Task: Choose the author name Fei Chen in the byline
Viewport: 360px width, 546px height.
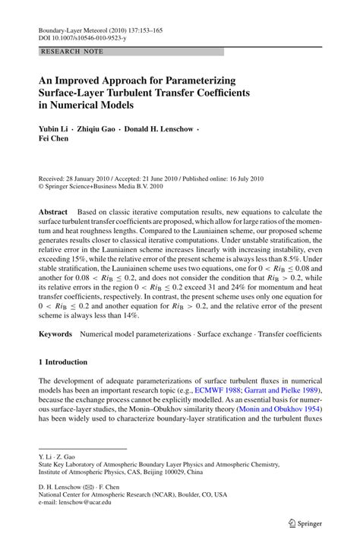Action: pyautogui.click(x=55, y=140)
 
